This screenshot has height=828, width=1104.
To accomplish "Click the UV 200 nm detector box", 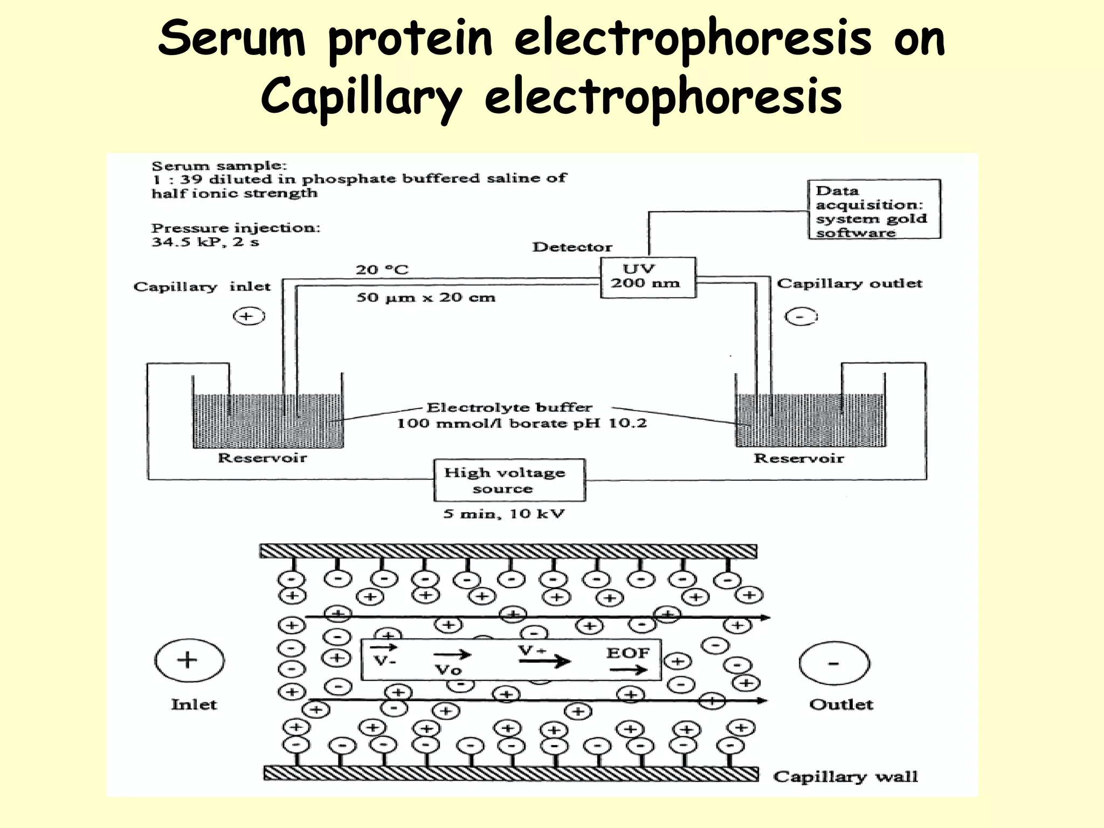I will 647,277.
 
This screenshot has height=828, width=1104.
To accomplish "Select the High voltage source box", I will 509,480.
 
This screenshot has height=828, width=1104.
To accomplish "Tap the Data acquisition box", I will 874,210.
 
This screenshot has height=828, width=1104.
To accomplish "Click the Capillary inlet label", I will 202,286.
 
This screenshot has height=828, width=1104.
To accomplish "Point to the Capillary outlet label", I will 849,284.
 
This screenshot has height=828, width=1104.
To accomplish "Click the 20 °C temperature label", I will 382,270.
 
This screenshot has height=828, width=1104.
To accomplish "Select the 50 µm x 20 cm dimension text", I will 425,298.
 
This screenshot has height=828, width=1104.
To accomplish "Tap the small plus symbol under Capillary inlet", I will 249,316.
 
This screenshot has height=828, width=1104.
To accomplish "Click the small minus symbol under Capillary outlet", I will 800,316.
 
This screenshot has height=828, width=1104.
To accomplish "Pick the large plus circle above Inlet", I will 189,660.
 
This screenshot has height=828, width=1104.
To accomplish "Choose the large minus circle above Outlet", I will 833,664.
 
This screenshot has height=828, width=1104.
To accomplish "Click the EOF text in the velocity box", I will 627,653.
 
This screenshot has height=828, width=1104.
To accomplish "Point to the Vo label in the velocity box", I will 448,670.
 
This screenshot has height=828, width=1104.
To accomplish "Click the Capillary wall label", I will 845,776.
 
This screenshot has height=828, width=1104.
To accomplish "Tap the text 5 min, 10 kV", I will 503,514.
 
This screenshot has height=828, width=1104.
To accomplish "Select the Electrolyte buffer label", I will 509,408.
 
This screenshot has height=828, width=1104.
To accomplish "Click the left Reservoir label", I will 262,458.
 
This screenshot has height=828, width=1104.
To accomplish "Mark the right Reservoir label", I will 798,459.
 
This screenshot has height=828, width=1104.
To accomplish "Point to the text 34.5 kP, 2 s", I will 205,241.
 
